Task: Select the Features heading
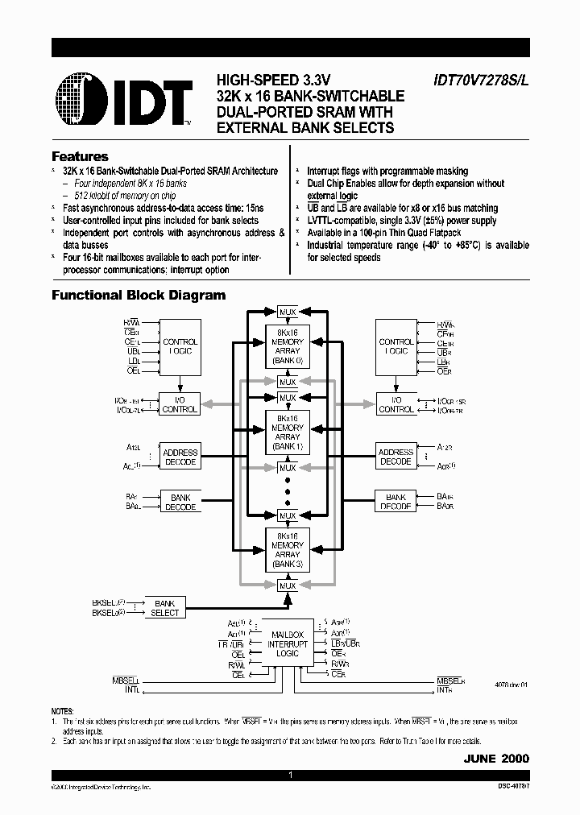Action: click(x=80, y=156)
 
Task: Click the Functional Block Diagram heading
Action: click(x=139, y=295)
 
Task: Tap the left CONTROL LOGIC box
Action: click(x=180, y=346)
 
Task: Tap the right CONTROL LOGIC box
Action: click(x=396, y=346)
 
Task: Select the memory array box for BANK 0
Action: click(x=288, y=346)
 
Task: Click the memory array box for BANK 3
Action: click(x=288, y=551)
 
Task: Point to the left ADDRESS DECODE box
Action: click(x=180, y=457)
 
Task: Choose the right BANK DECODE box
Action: click(x=396, y=502)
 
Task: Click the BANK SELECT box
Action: click(x=164, y=607)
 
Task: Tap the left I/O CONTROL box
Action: click(x=180, y=404)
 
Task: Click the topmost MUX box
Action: click(x=288, y=311)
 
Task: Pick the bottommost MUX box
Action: click(x=288, y=586)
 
